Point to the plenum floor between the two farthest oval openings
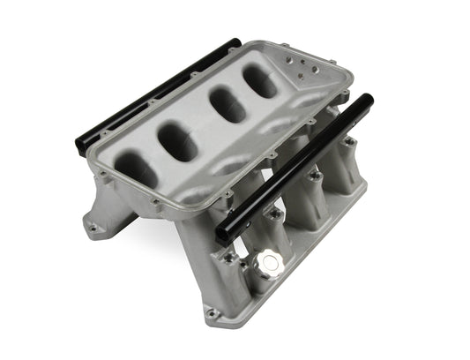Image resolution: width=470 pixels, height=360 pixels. [242, 94]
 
